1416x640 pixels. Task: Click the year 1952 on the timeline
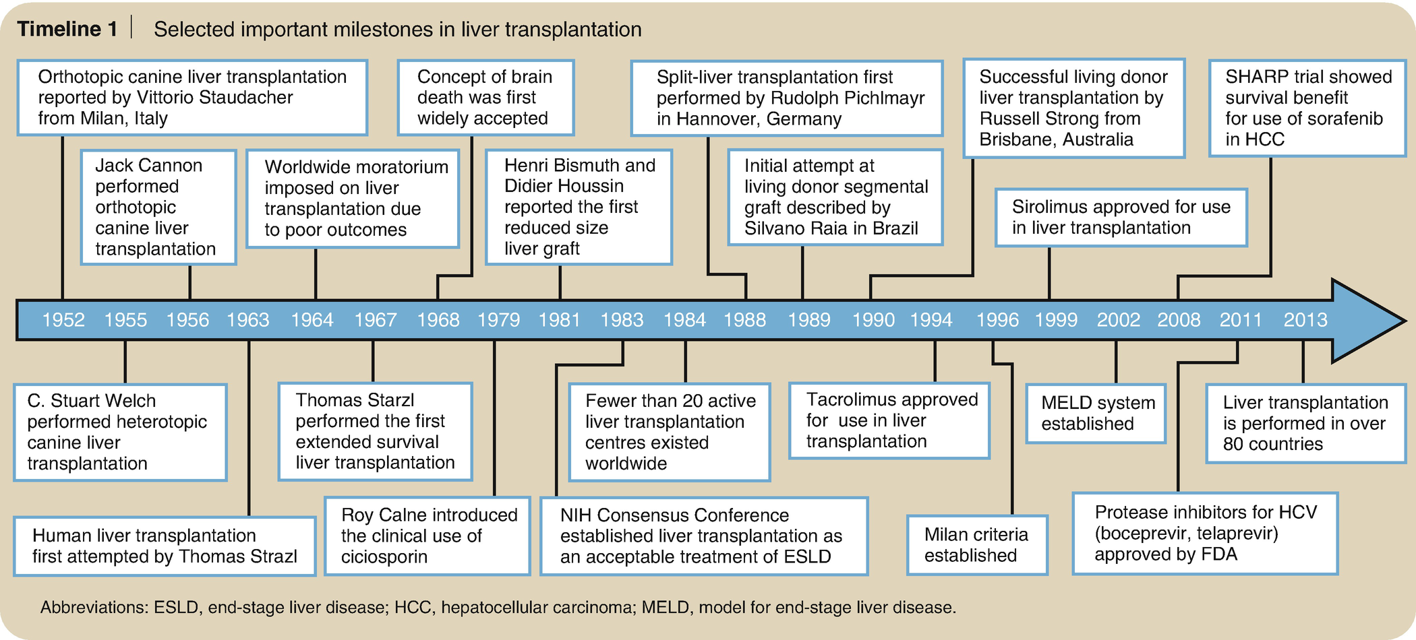coord(63,320)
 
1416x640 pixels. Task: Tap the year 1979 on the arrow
coord(499,320)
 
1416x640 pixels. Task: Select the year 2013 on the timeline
coord(1305,320)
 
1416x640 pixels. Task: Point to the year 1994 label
coord(931,320)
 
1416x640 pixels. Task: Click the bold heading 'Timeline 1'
coord(67,29)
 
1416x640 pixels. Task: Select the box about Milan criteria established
coord(977,545)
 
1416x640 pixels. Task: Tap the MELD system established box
coord(1096,413)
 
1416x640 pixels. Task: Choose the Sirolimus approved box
coord(1121,217)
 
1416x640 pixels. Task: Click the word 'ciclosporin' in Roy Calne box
coord(384,557)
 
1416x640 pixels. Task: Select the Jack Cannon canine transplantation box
coord(158,207)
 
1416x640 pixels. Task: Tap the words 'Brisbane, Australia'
coord(1056,139)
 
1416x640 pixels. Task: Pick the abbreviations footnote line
coord(498,608)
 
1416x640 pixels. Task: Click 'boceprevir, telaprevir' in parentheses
coord(1187,534)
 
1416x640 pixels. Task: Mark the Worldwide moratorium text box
coord(352,198)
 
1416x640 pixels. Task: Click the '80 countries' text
coord(1273,444)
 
